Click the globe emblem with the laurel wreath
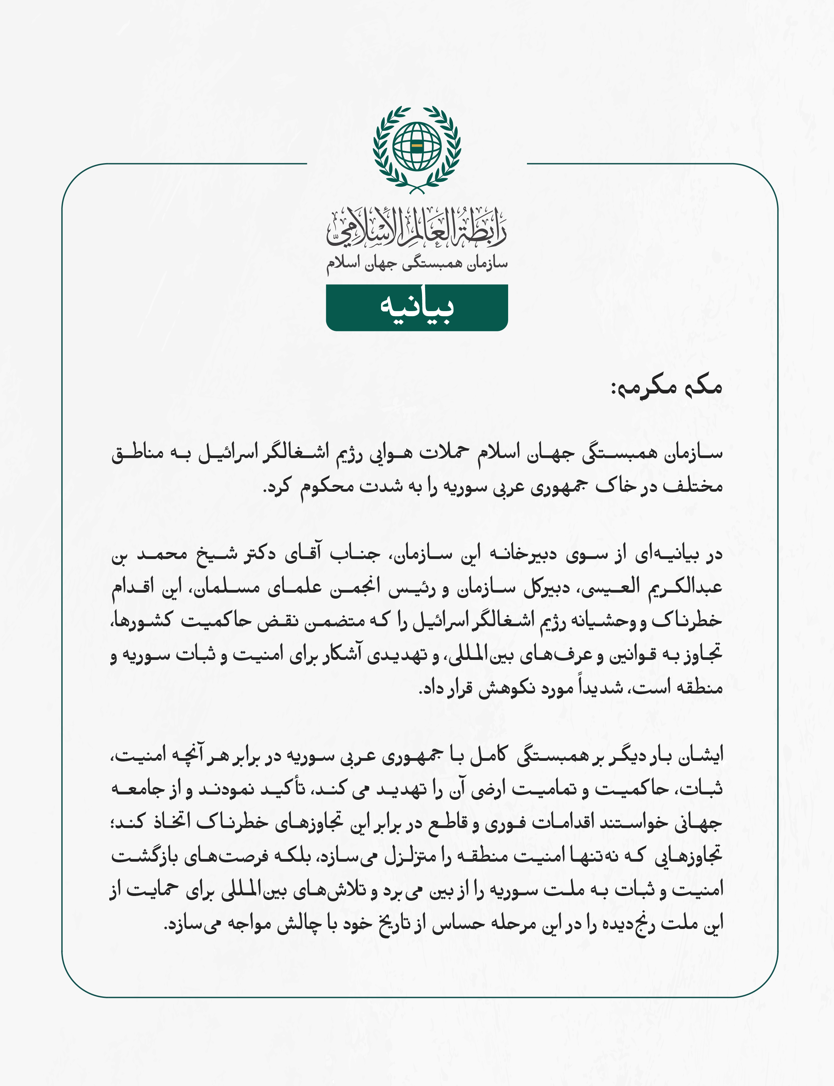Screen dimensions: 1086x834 (x=417, y=149)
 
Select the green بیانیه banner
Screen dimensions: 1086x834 (x=417, y=308)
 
